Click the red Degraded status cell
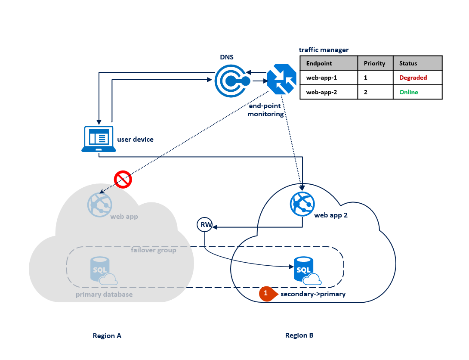point(413,78)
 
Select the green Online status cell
point(408,92)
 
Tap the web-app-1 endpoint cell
point(321,78)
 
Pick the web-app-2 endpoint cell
point(321,92)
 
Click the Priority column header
point(375,63)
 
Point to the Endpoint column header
point(319,63)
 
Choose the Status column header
point(408,63)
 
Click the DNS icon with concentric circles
point(232,81)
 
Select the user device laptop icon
point(99,139)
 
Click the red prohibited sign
point(123,180)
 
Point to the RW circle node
point(205,225)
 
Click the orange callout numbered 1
point(266,293)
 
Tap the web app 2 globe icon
point(302,203)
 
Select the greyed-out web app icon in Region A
point(100,205)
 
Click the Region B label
point(299,335)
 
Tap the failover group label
point(154,250)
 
